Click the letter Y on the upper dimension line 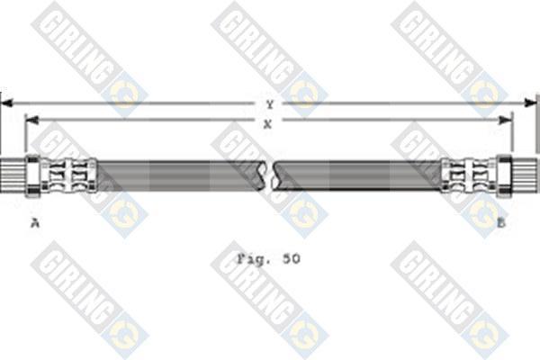270,104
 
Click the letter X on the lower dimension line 267,124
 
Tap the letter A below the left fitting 35,223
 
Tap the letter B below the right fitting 501,223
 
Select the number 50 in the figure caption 292,258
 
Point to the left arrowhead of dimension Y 7,103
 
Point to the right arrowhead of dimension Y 530,103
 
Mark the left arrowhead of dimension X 31,121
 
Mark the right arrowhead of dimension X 506,120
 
